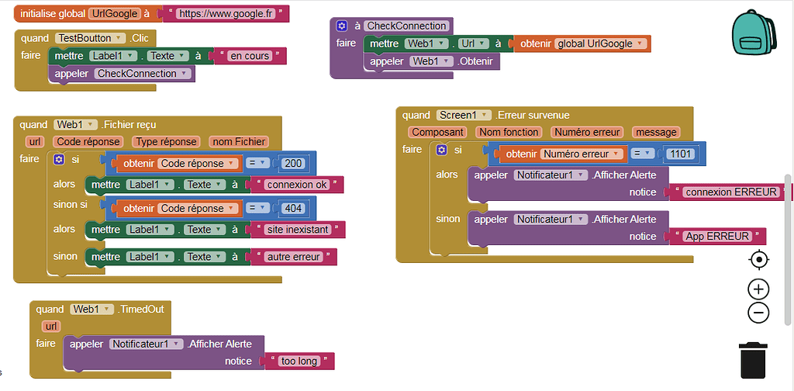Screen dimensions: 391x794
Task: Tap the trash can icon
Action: click(754, 359)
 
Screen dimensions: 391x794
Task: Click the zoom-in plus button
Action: click(758, 289)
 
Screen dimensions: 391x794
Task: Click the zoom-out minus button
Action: click(758, 313)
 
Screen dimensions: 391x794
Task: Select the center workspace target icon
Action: click(758, 259)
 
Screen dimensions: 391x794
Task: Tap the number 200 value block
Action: click(293, 164)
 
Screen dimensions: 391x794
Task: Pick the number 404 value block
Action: click(293, 209)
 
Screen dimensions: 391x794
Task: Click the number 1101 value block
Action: click(680, 154)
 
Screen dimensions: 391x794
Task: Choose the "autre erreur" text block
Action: click(293, 257)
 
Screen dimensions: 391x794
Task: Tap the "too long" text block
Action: click(299, 361)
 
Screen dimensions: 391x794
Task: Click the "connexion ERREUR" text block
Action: click(731, 192)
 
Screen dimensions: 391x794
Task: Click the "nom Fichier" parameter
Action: click(239, 141)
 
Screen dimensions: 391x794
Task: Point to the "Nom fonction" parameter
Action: click(509, 132)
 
